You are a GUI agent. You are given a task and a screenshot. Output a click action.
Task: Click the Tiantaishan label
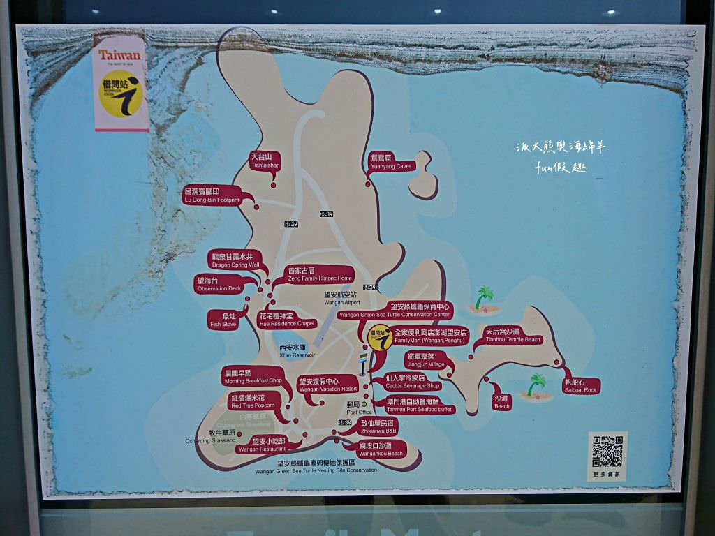tap(265, 161)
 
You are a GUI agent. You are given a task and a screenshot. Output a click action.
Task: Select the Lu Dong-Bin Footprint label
tap(211, 195)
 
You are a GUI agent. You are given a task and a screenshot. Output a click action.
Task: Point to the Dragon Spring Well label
tap(235, 261)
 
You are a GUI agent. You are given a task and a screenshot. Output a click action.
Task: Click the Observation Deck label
tap(219, 284)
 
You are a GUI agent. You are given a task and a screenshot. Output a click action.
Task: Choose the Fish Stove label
tap(224, 320)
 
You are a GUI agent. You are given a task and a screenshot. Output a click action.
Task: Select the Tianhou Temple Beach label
tap(513, 336)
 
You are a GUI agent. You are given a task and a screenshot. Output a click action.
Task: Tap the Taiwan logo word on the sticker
tap(119, 55)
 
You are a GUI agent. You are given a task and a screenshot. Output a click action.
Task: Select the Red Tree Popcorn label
tap(252, 401)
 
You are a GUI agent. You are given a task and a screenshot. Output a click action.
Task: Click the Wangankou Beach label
tap(381, 449)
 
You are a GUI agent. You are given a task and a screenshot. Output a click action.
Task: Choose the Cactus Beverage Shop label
tap(413, 381)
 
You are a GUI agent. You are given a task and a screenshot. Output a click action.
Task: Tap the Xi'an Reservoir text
tap(297, 351)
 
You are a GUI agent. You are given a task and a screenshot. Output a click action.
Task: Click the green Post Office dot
tap(363, 403)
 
